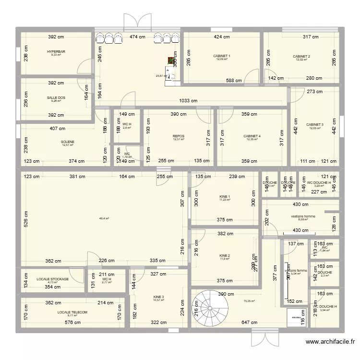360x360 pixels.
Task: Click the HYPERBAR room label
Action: [x=56, y=51]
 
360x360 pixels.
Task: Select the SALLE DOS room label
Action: [x=56, y=97]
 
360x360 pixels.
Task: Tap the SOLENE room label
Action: [x=68, y=142]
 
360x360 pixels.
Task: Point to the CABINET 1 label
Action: [x=222, y=56]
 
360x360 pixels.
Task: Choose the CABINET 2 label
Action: [x=301, y=56]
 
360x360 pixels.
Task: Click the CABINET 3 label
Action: [x=315, y=125]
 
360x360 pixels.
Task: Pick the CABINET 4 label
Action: [x=252, y=136]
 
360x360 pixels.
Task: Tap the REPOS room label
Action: [x=179, y=136]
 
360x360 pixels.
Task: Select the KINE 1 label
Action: [x=224, y=196]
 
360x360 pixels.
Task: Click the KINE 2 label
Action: [x=224, y=255]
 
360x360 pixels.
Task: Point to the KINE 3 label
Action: [x=158, y=297]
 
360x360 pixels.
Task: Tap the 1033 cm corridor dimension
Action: [x=188, y=101]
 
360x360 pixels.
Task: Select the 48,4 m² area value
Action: [x=104, y=218]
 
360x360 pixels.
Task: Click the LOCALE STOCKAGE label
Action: [x=52, y=279]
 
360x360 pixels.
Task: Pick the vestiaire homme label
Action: [x=303, y=216]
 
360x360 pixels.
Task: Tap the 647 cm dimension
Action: [x=249, y=323]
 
